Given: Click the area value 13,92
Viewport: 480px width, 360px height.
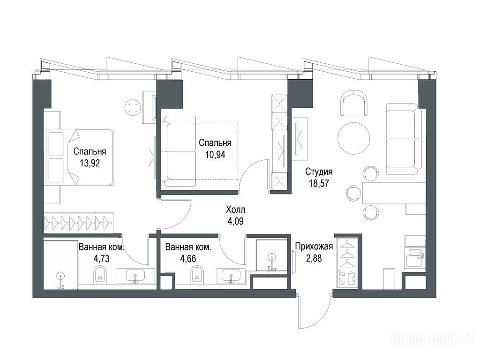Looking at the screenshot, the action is pos(90,163).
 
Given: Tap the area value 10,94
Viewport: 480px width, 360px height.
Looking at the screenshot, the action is pos(215,155).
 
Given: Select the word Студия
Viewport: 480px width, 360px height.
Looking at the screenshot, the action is pos(319,172).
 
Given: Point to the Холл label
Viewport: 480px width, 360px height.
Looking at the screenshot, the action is pos(235,210).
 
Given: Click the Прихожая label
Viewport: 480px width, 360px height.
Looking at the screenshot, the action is pos(314,247).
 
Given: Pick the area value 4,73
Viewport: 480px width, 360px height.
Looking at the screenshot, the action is pos(101,259).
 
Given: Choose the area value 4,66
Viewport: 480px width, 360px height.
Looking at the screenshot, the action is pos(188,259).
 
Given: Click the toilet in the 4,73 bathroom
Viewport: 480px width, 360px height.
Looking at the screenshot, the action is pos(99,274).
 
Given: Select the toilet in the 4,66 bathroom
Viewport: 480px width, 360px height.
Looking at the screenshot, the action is pos(197,274).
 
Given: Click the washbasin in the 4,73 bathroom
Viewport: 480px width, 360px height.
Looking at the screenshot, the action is pos(135,276).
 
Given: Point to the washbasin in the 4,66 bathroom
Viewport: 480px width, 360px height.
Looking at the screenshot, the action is pos(231,276).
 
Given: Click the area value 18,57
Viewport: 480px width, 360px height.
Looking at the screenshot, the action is pos(319,183).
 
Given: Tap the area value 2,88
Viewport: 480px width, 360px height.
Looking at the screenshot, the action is pos(314,258).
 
